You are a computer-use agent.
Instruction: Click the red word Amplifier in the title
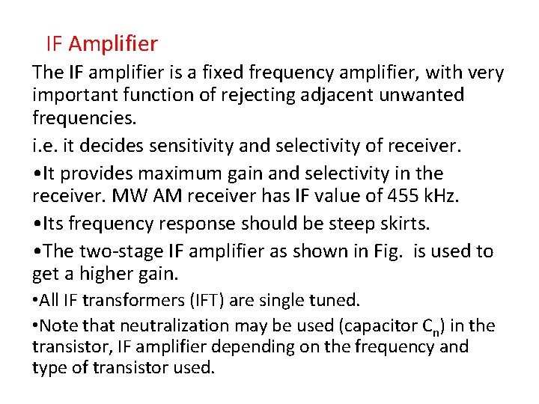pyautogui.click(x=113, y=44)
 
